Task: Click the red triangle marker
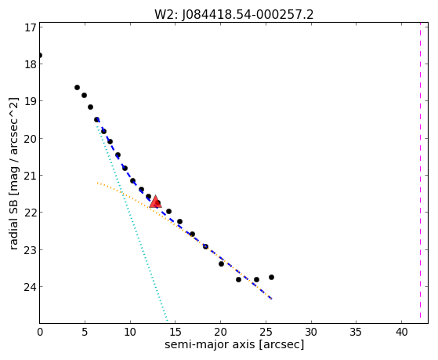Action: (155, 202)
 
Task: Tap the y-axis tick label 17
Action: (30, 27)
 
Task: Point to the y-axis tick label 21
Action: (30, 176)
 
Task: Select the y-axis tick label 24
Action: (30, 287)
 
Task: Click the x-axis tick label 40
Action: (401, 332)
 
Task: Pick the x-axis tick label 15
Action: (176, 332)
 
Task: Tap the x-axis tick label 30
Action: (311, 332)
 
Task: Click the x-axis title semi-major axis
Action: (210, 344)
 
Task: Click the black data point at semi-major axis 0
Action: (40, 55)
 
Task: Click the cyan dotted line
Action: (132, 221)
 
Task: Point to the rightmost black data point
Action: (271, 277)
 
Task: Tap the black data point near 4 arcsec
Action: (77, 88)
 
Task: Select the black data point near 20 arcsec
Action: (221, 264)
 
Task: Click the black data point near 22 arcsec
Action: (238, 279)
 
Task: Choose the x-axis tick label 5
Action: (85, 332)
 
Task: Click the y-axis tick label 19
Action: (30, 101)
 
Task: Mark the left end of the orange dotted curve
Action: (97, 183)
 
